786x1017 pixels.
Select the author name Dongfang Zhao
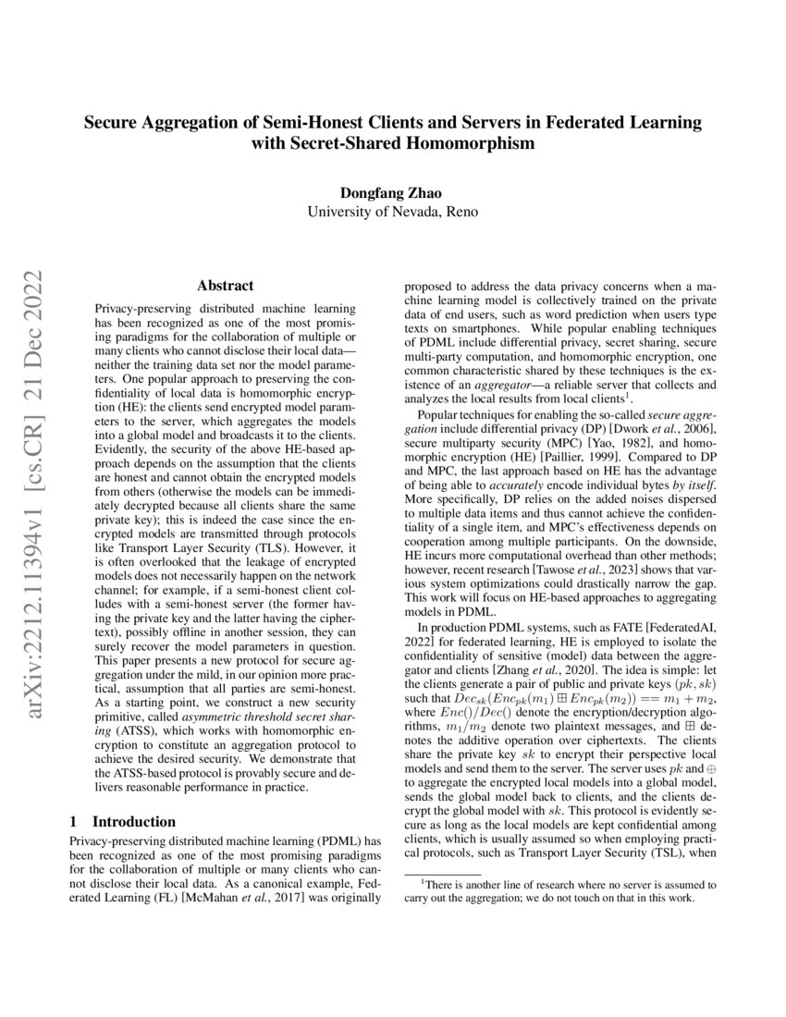[x=392, y=193]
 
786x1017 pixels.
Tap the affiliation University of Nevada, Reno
[x=392, y=211]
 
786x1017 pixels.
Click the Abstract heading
[x=226, y=287]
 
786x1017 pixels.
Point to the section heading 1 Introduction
[x=123, y=821]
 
